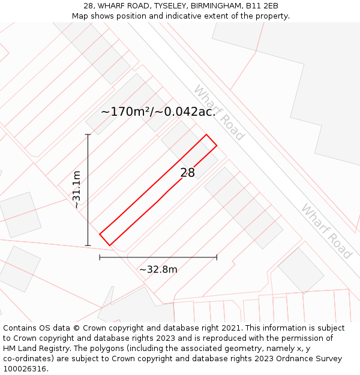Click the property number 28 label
[188, 173]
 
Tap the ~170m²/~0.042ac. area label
[158, 112]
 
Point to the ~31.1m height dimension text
[77, 190]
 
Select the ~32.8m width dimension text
[158, 269]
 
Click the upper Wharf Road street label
[218, 112]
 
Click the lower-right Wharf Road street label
[326, 231]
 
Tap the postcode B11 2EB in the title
[262, 6]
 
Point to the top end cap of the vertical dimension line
[88, 134]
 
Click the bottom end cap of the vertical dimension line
[88, 245]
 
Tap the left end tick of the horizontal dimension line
[100, 257]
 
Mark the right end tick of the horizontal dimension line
[217, 257]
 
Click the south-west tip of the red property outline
[109, 245]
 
